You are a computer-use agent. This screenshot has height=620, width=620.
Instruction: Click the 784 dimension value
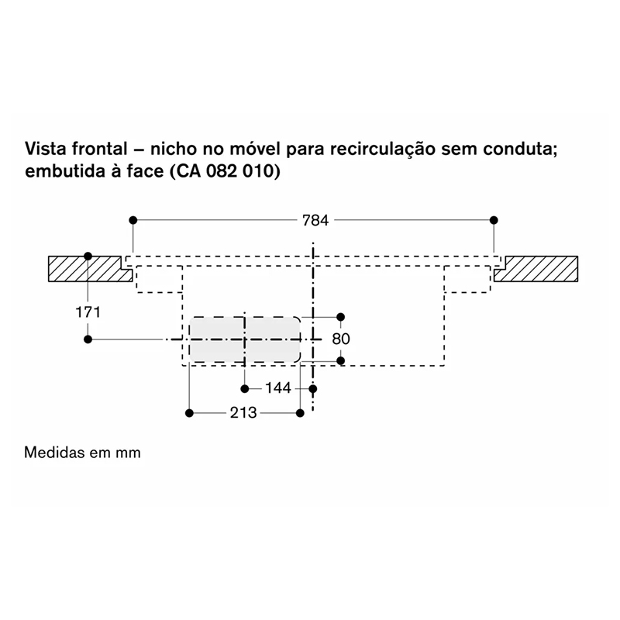click(315, 220)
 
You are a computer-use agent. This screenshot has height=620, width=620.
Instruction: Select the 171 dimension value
click(88, 312)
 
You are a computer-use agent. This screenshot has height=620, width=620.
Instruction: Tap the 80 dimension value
click(341, 339)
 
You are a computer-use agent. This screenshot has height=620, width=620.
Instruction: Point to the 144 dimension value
click(278, 388)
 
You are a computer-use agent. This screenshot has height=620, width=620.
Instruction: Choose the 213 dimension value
click(243, 413)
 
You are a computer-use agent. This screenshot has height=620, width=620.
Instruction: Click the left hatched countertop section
click(90, 269)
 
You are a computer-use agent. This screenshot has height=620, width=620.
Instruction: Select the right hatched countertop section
click(536, 269)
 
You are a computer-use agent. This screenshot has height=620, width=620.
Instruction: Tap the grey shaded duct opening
click(245, 339)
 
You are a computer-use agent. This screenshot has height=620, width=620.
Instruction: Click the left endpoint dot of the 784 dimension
click(133, 220)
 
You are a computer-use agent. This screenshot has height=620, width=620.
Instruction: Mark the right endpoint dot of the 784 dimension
click(494, 220)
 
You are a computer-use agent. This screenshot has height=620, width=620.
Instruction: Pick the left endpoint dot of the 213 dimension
click(189, 413)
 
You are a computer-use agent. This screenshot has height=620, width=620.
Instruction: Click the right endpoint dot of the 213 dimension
click(300, 413)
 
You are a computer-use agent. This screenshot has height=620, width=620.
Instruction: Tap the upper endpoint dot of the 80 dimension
click(340, 317)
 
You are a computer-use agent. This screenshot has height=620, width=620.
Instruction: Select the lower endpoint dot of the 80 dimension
click(341, 360)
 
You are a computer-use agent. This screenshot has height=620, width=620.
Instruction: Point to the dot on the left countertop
click(88, 257)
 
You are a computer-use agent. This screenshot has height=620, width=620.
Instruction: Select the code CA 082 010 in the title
click(225, 172)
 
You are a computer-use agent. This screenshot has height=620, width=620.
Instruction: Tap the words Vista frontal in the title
click(76, 149)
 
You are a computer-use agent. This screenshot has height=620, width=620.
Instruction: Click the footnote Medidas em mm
click(82, 453)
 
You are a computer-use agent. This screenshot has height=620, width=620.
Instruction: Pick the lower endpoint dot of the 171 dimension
click(88, 339)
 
